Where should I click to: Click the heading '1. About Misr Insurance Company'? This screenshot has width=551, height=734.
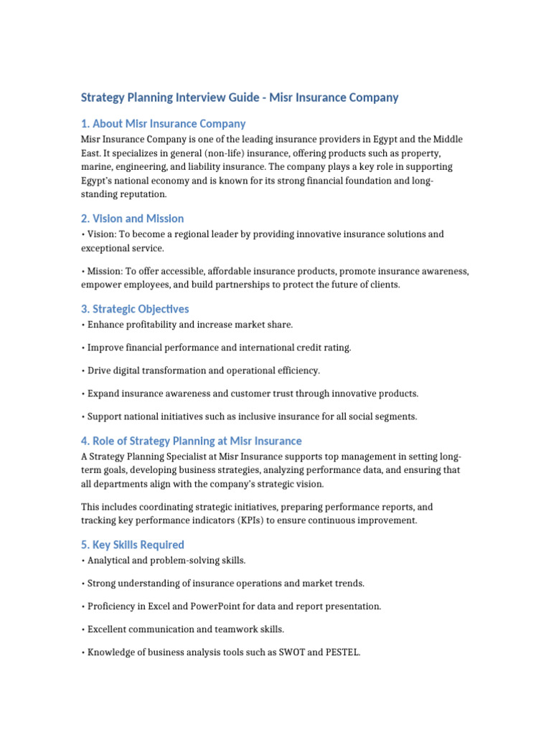tap(164, 123)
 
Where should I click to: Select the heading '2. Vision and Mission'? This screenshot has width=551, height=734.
tap(133, 218)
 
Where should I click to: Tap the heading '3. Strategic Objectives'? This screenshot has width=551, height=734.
tap(135, 309)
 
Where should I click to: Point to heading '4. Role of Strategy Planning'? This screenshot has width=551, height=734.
tap(192, 441)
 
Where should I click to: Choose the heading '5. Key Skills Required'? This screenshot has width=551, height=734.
tap(133, 544)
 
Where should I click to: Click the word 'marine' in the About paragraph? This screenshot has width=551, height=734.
tap(95, 166)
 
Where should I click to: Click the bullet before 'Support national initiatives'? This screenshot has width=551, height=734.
tap(83, 416)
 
